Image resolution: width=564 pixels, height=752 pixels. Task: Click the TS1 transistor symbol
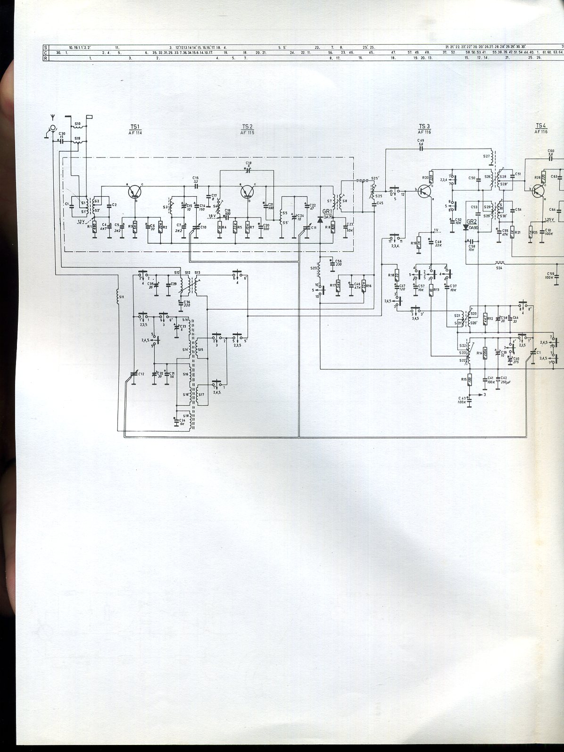coord(136,192)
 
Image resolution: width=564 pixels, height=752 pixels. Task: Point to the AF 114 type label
coord(135,133)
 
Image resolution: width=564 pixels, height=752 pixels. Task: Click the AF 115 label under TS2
coord(247,133)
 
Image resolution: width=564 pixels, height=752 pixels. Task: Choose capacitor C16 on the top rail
coord(196,186)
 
